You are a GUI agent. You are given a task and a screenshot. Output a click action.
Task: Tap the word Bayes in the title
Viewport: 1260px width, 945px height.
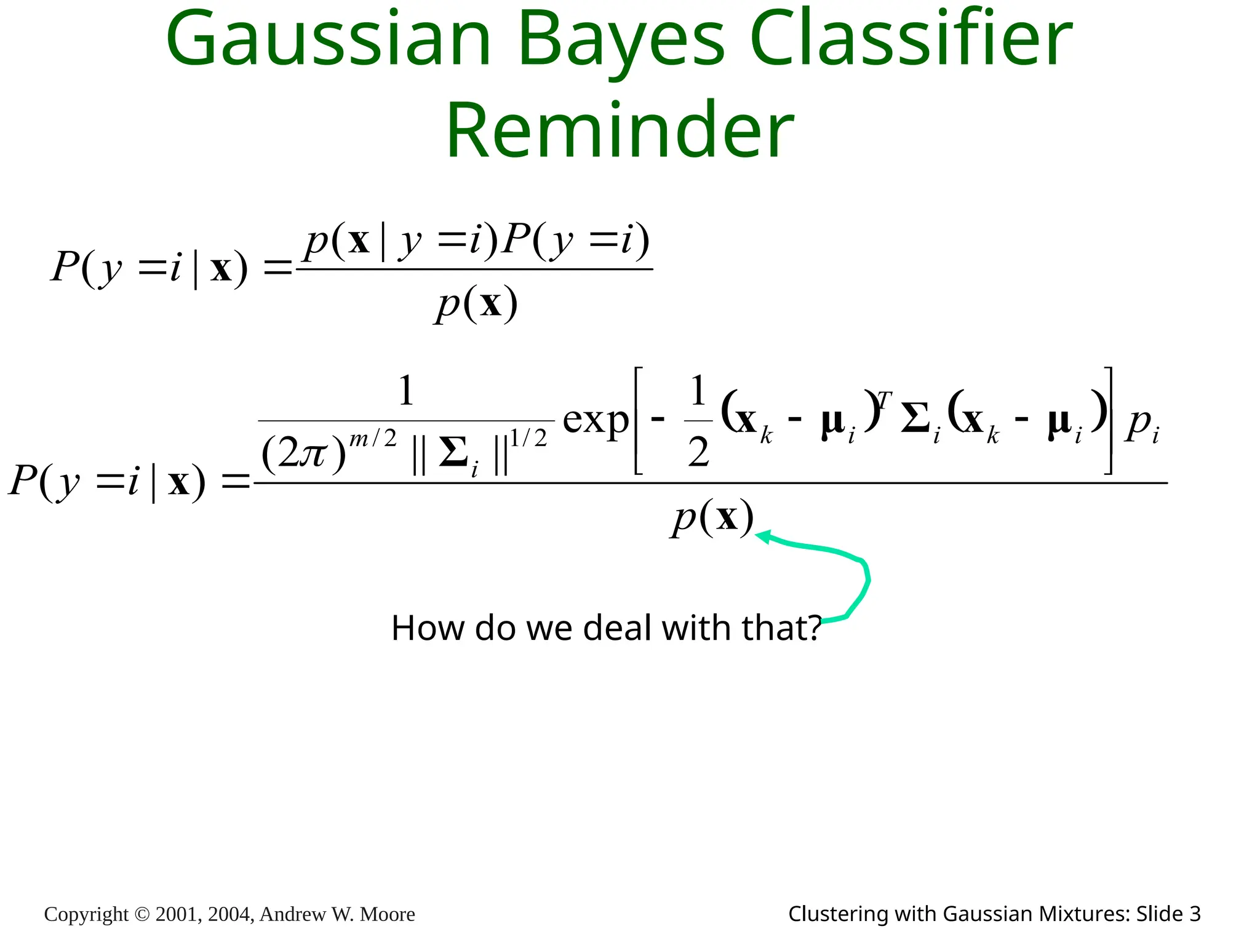[x=622, y=38]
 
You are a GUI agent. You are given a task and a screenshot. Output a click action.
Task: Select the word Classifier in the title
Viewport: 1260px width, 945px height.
[x=911, y=38]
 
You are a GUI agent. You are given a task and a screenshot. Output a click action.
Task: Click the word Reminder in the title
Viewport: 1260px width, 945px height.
[x=620, y=130]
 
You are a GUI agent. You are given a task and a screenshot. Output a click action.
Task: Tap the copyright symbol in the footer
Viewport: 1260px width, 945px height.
[x=142, y=914]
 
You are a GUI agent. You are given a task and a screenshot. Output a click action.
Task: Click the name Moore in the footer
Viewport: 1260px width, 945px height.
[x=387, y=914]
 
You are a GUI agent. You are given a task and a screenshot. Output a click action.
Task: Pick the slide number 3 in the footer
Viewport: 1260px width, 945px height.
[x=1194, y=914]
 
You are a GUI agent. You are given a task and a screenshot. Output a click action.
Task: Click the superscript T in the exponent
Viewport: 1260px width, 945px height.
[x=883, y=401]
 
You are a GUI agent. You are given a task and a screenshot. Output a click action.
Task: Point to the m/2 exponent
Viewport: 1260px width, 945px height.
[x=373, y=439]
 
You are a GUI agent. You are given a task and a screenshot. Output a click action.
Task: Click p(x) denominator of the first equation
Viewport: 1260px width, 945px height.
[x=476, y=304]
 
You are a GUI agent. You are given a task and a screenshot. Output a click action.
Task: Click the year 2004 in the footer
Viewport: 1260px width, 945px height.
[x=230, y=914]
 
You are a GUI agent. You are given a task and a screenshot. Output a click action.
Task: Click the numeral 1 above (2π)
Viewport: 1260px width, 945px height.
[x=406, y=391]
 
